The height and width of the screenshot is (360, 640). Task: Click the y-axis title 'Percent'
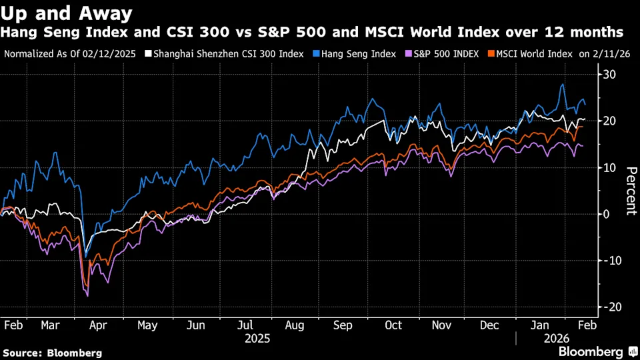point(628,190)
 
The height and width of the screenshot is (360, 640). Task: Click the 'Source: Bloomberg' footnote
point(53,353)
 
